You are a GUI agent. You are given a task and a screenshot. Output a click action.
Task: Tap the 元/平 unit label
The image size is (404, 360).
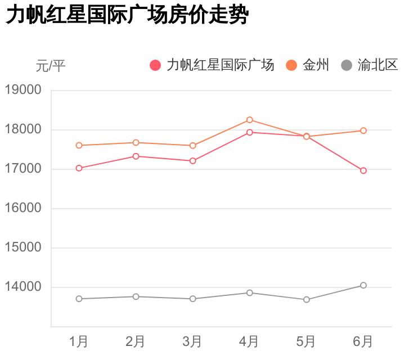(51, 66)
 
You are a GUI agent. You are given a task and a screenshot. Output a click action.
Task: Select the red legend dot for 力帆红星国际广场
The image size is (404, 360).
(155, 65)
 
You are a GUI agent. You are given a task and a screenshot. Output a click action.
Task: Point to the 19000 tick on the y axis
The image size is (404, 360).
(23, 90)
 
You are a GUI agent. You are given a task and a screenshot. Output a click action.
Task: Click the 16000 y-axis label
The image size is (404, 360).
(23, 208)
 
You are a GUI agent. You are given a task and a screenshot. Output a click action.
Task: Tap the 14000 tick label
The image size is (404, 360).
(23, 287)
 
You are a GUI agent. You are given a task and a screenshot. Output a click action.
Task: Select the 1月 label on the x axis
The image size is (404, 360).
(79, 341)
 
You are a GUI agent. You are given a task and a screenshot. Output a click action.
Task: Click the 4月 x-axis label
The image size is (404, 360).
(249, 341)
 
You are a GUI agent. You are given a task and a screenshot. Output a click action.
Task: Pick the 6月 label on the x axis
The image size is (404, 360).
(363, 341)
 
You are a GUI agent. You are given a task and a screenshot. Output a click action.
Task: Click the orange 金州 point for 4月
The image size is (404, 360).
(250, 120)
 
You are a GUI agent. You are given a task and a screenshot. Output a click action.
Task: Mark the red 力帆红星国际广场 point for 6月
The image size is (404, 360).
(363, 170)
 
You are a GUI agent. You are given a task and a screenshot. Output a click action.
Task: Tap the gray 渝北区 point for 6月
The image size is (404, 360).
(363, 285)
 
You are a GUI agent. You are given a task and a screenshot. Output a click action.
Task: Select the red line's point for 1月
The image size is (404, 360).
(79, 168)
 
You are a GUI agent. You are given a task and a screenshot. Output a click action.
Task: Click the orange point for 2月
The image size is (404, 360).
(136, 142)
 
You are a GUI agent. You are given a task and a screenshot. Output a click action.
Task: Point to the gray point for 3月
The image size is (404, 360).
(193, 299)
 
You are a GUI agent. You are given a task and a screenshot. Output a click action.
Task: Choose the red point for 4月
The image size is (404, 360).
(250, 132)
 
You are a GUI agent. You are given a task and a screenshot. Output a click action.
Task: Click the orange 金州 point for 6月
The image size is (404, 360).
(363, 130)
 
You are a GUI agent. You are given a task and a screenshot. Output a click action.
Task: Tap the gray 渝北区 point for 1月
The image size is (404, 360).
(79, 299)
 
